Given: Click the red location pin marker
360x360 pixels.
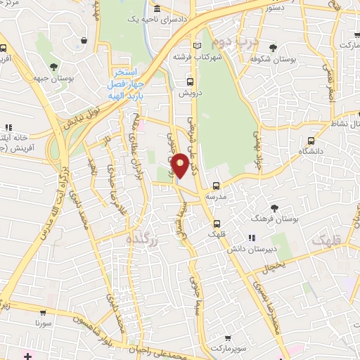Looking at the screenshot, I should click(x=181, y=165).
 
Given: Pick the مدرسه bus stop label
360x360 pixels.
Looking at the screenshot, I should click(x=215, y=198).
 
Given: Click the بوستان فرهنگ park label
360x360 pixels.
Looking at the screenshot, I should click(x=274, y=219).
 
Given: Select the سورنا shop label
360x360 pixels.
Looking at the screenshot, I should click(x=46, y=323).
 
